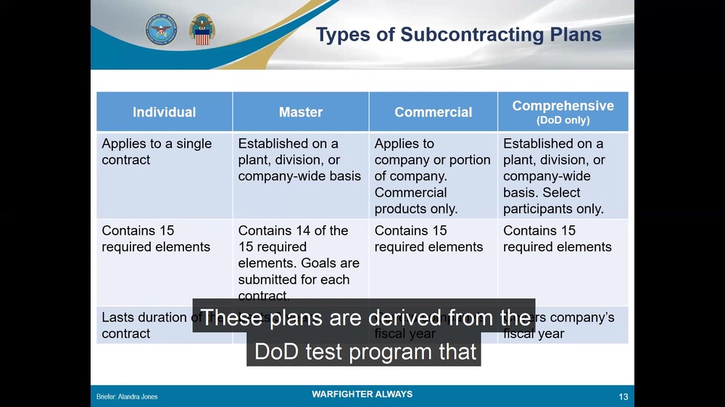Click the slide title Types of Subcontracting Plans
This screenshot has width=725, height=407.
click(x=459, y=35)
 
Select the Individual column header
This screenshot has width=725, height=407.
click(x=164, y=112)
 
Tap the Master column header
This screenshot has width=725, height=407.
click(x=300, y=112)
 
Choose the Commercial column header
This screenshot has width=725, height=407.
click(x=433, y=112)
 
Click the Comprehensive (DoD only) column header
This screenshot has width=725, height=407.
click(x=563, y=112)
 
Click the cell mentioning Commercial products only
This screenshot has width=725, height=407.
click(x=432, y=176)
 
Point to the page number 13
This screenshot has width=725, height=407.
click(x=623, y=396)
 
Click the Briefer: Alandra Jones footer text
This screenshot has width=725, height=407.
click(x=127, y=397)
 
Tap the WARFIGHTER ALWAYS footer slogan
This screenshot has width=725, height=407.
click(x=362, y=395)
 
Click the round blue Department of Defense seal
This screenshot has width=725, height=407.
click(x=160, y=30)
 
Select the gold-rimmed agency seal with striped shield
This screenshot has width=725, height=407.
click(x=202, y=30)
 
